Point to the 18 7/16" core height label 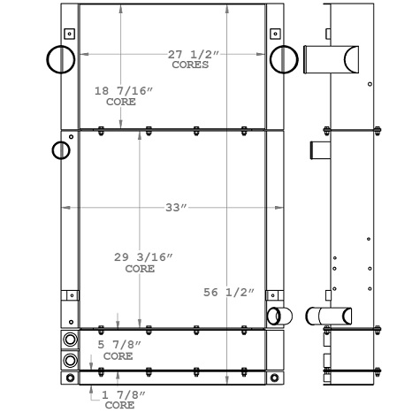click(122, 91)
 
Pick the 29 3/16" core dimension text click(142, 257)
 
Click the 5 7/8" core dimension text click(118, 346)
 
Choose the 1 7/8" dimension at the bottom click(123, 394)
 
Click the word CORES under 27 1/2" click(190, 65)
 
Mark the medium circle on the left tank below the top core click(61, 149)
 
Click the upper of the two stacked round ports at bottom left click(70, 340)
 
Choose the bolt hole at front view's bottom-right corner click(275, 378)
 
